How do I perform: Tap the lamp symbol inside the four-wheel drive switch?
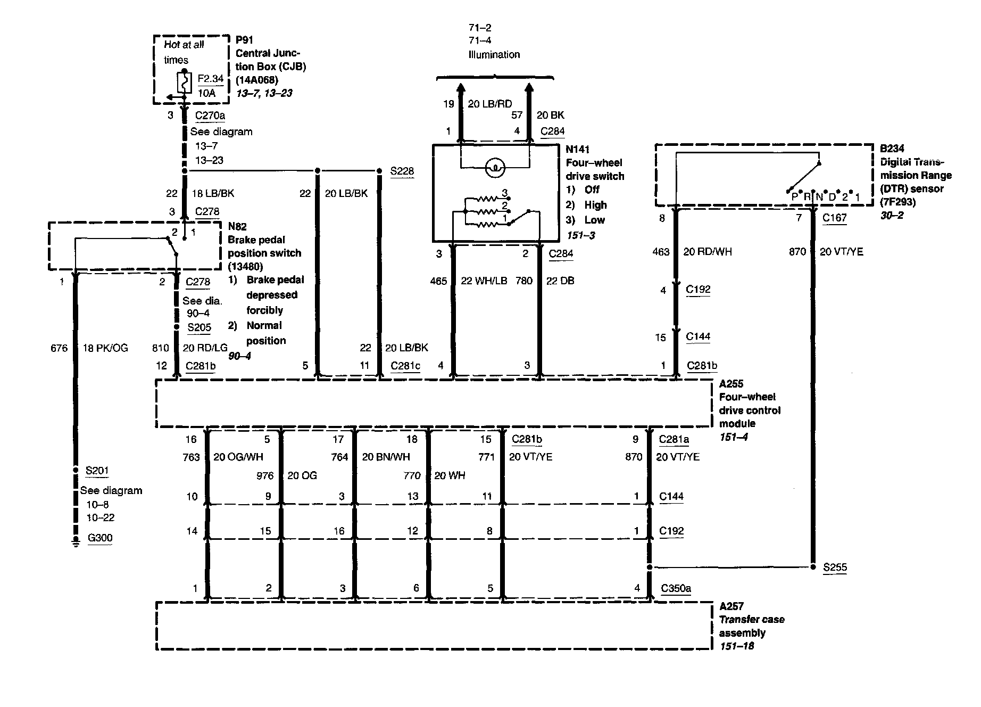[x=495, y=168]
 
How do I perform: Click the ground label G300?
[x=100, y=538]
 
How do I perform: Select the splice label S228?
[x=402, y=171]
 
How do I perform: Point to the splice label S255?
[x=835, y=568]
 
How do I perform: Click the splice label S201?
[x=97, y=470]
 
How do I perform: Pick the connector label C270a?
[x=210, y=116]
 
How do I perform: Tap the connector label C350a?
[x=676, y=588]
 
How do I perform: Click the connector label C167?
[x=834, y=217]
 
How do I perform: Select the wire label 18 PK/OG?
[x=105, y=348]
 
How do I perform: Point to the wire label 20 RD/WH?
[x=708, y=252]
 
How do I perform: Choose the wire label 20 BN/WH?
[x=386, y=457]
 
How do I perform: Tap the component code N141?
[x=577, y=150]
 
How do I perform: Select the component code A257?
[x=731, y=606]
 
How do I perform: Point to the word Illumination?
[x=494, y=54]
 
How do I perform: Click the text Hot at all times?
[x=184, y=52]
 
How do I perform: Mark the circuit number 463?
[x=660, y=252]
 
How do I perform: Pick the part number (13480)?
[x=245, y=266]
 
